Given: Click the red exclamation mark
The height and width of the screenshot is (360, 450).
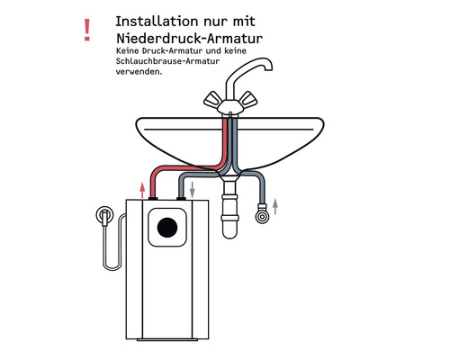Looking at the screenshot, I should point(86,30).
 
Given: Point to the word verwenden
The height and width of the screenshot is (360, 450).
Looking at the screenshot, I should point(139,73).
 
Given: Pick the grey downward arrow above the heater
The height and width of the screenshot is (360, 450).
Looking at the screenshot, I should point(192,189).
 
